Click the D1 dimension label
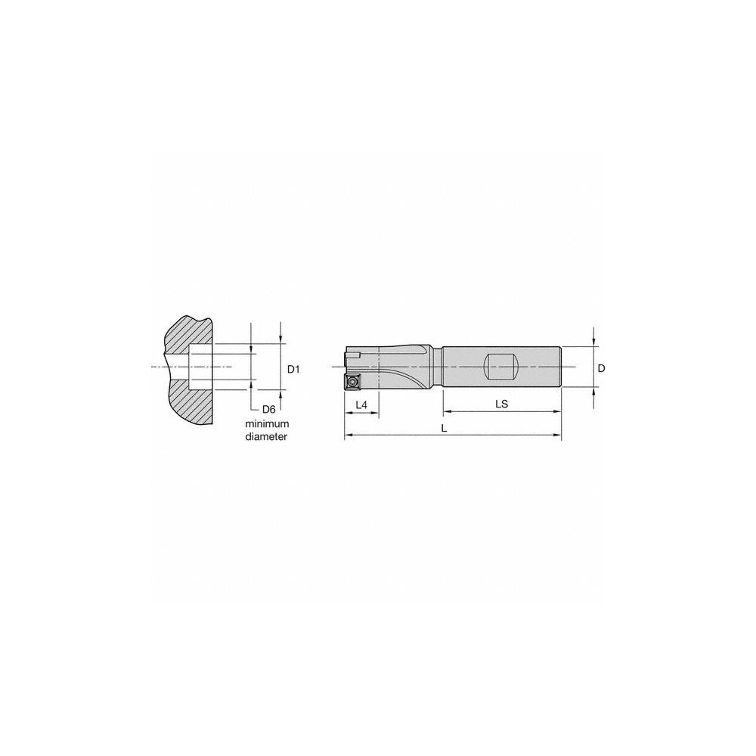[x=295, y=369]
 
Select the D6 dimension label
[x=268, y=408]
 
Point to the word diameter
[x=267, y=437]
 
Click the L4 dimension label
[x=361, y=405]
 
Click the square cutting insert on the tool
[x=353, y=381]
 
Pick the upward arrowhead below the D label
[x=594, y=392]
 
